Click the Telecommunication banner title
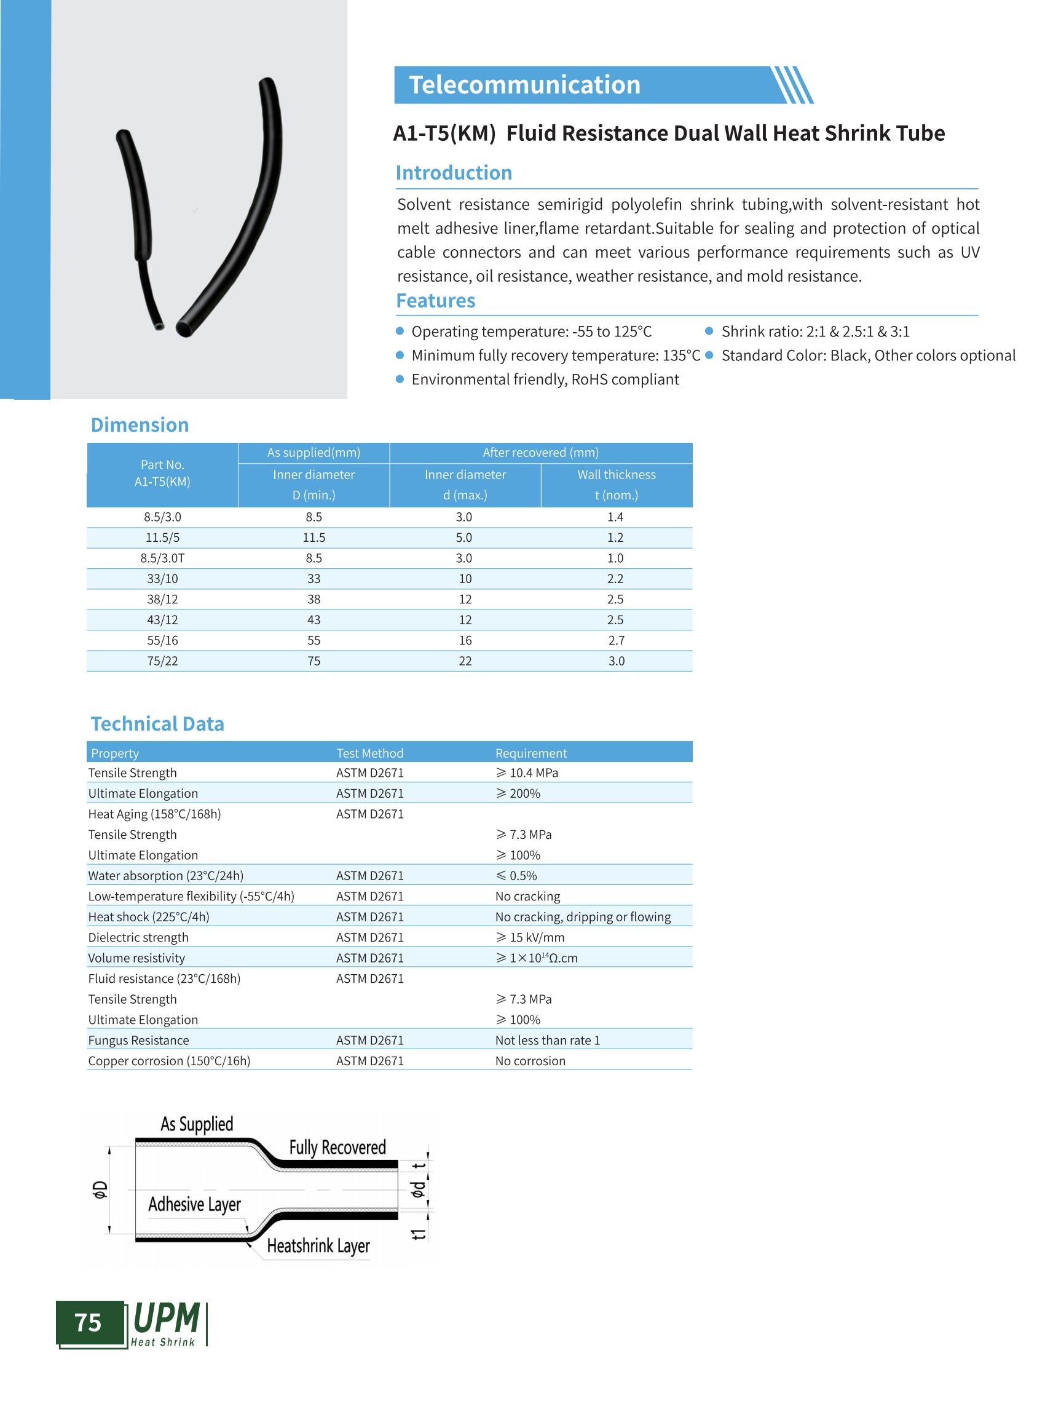(x=524, y=85)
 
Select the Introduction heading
(x=454, y=173)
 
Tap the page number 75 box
(x=89, y=1322)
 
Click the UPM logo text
(x=167, y=1319)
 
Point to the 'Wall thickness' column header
(x=616, y=475)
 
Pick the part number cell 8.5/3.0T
(x=162, y=558)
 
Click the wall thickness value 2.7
(x=616, y=641)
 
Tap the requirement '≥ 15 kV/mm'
(x=530, y=937)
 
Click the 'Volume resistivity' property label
(x=136, y=958)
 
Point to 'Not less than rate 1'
(x=547, y=1041)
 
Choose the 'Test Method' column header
(x=369, y=753)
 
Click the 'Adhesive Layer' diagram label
(x=194, y=1204)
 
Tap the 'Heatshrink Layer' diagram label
(x=318, y=1245)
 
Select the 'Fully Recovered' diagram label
(x=337, y=1147)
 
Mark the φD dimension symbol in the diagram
(x=100, y=1189)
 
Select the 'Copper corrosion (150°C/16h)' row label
(x=169, y=1061)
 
